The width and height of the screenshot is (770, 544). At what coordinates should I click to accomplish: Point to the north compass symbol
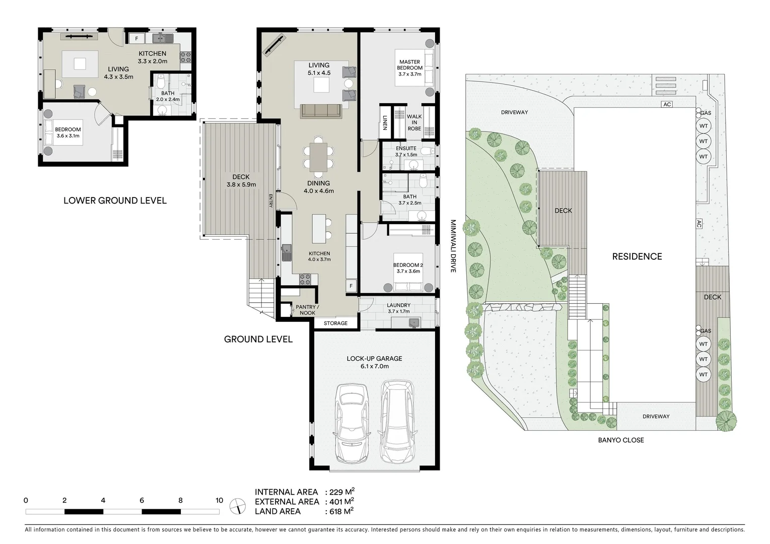tap(237, 506)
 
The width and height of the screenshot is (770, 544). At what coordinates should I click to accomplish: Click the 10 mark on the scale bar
tap(219, 501)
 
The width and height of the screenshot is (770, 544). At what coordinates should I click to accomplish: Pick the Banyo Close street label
tap(620, 440)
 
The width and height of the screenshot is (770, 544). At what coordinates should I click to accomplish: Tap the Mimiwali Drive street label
tap(453, 246)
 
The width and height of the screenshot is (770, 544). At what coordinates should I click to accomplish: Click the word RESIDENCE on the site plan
tap(637, 256)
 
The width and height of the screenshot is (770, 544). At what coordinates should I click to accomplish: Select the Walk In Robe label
tap(414, 122)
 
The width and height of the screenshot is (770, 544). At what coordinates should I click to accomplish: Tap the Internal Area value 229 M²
tap(343, 492)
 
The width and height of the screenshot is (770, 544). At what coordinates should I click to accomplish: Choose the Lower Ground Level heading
tap(115, 200)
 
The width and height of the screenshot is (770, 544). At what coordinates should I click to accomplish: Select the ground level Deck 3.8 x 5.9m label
tap(241, 180)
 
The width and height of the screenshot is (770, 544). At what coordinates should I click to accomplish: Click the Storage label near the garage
tap(335, 323)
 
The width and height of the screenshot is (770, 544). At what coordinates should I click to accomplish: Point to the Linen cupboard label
tap(385, 122)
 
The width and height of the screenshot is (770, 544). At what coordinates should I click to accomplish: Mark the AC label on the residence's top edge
tap(667, 104)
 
